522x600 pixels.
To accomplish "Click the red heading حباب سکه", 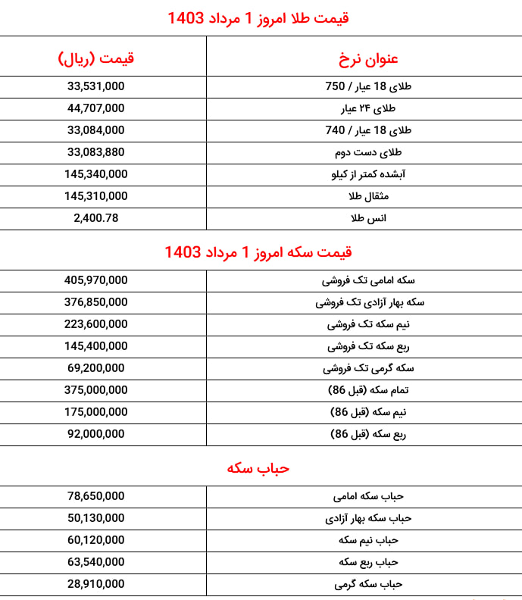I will [258, 468].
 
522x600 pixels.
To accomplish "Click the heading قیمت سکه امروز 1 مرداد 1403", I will [258, 252].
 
